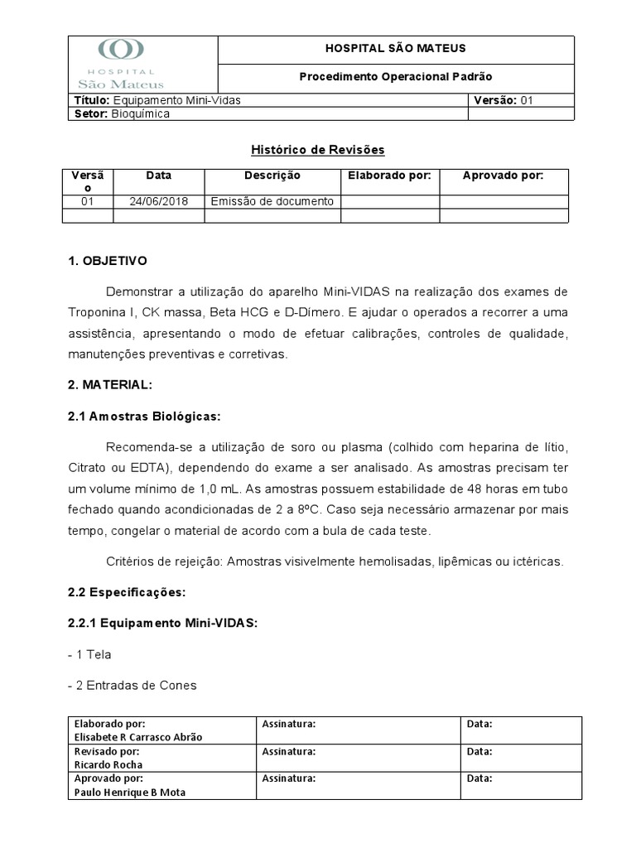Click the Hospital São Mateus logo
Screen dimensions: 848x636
tap(121, 64)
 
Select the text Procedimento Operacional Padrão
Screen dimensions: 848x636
tap(395, 76)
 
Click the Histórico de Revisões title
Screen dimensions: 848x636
tap(318, 150)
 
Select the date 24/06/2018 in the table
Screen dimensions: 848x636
tap(158, 201)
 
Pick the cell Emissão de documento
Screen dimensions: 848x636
tap(272, 201)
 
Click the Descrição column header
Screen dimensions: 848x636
tap(272, 176)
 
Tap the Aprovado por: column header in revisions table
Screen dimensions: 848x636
tap(503, 176)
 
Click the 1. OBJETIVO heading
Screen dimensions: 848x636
tap(107, 261)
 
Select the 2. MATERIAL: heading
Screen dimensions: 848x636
tap(110, 385)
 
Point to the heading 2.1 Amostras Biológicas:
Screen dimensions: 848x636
tap(144, 416)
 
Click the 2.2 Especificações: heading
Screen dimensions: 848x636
tap(127, 592)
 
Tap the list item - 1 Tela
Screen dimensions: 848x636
tap(89, 654)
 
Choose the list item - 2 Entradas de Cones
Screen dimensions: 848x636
tap(132, 685)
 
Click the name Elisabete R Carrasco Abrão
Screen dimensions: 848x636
tap(137, 737)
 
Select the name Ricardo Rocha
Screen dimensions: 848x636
tap(108, 764)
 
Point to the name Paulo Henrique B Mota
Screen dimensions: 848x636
tap(129, 792)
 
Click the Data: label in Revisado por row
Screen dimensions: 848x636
tap(479, 751)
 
